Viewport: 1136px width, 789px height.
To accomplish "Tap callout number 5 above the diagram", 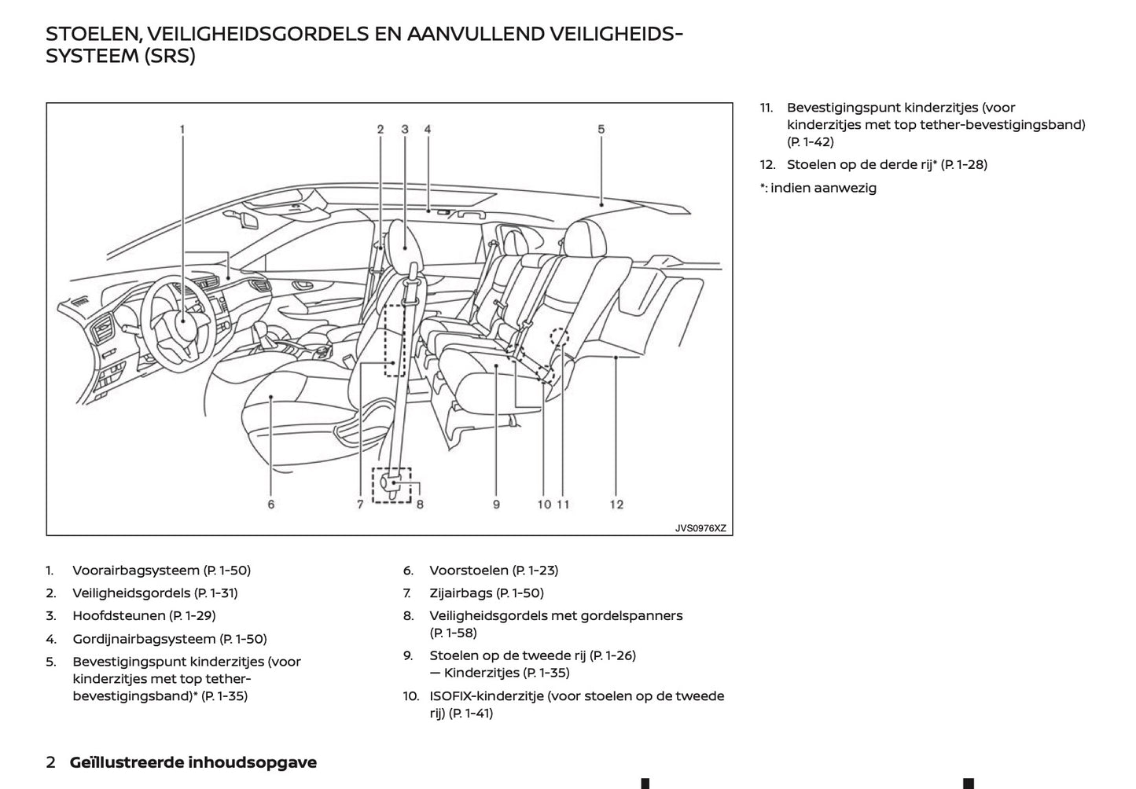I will point(601,129).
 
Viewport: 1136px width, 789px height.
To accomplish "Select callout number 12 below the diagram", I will point(616,505).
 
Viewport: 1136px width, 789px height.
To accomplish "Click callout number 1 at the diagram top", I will point(182,129).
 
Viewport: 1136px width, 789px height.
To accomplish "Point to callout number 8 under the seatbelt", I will point(420,505).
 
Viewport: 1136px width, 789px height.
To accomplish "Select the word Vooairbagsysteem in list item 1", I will point(136,571).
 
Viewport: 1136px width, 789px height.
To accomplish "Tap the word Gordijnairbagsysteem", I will point(144,640).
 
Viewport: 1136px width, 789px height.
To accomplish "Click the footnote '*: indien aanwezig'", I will point(818,188).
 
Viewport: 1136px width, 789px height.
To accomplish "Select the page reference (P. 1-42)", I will point(811,142).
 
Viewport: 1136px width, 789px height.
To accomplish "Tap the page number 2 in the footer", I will point(51,762).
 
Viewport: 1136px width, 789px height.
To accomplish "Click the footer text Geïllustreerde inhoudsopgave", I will point(193,762).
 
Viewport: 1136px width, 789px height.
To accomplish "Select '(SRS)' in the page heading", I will point(169,57).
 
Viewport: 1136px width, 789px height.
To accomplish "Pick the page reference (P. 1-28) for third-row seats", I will point(964,165).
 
